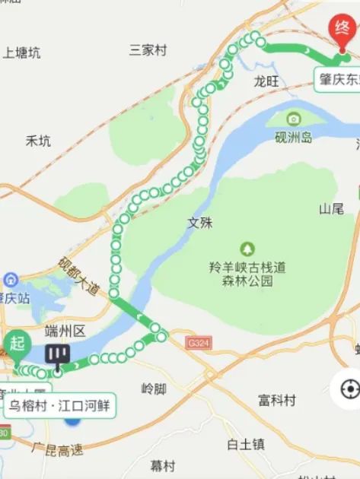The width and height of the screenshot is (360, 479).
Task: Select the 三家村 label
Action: pyautogui.click(x=148, y=50)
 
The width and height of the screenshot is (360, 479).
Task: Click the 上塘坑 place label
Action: pyautogui.click(x=21, y=52)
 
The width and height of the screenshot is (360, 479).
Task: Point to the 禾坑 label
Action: pyautogui.click(x=38, y=141)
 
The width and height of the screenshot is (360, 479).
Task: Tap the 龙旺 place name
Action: pyautogui.click(x=267, y=81)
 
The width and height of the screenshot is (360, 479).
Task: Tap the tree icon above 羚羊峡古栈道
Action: pyautogui.click(x=247, y=249)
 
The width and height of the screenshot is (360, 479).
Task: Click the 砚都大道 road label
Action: pyautogui.click(x=78, y=274)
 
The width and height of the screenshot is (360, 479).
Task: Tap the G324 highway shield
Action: pyautogui.click(x=198, y=344)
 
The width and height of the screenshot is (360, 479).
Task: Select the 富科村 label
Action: pyautogui.click(x=277, y=400)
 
